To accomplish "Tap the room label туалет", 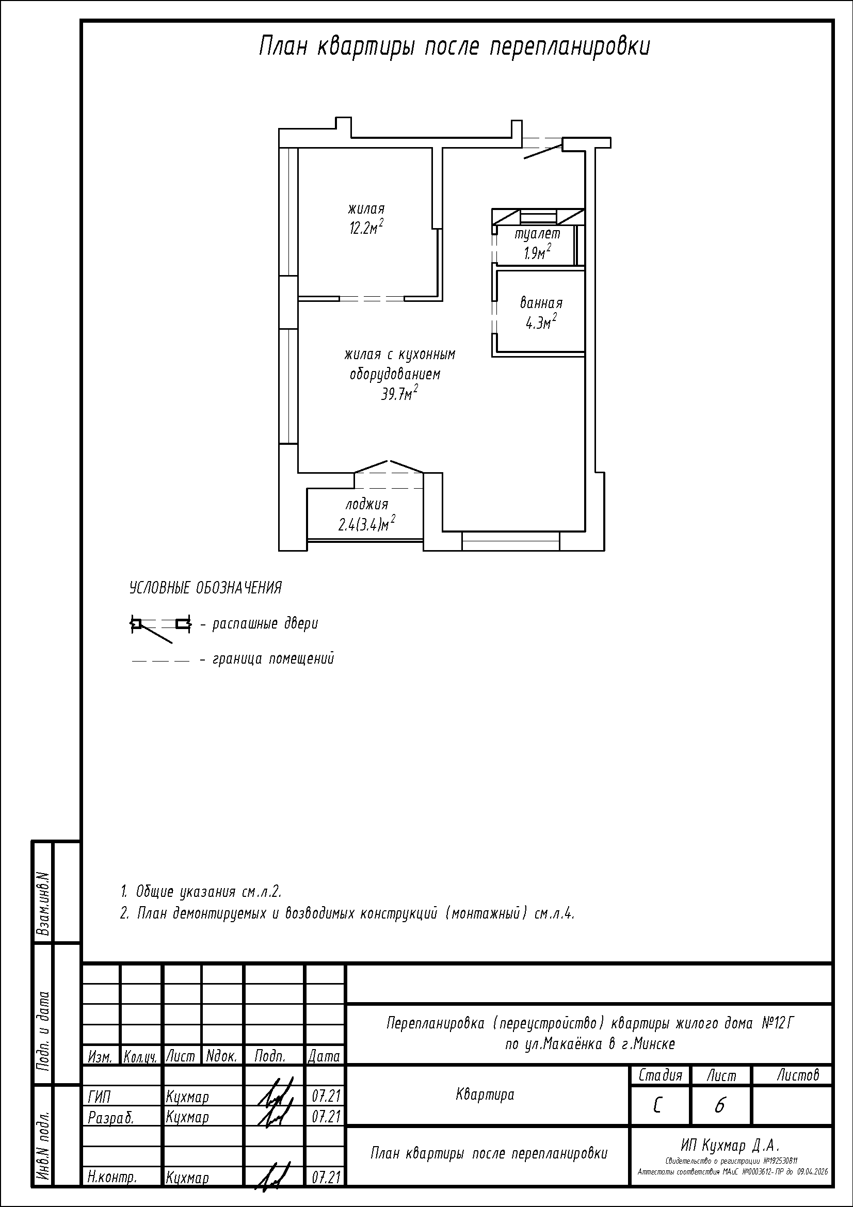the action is point(537,234).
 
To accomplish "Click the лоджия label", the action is point(367,505).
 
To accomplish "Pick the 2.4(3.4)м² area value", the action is point(367,524).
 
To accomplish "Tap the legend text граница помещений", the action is point(273,658).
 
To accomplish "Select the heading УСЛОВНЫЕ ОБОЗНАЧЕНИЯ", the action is point(205,588).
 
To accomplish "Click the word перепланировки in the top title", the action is point(570,47).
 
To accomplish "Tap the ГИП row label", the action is point(99,1097).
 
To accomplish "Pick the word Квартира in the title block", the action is point(485,1095).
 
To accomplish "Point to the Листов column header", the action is point(798,1075).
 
